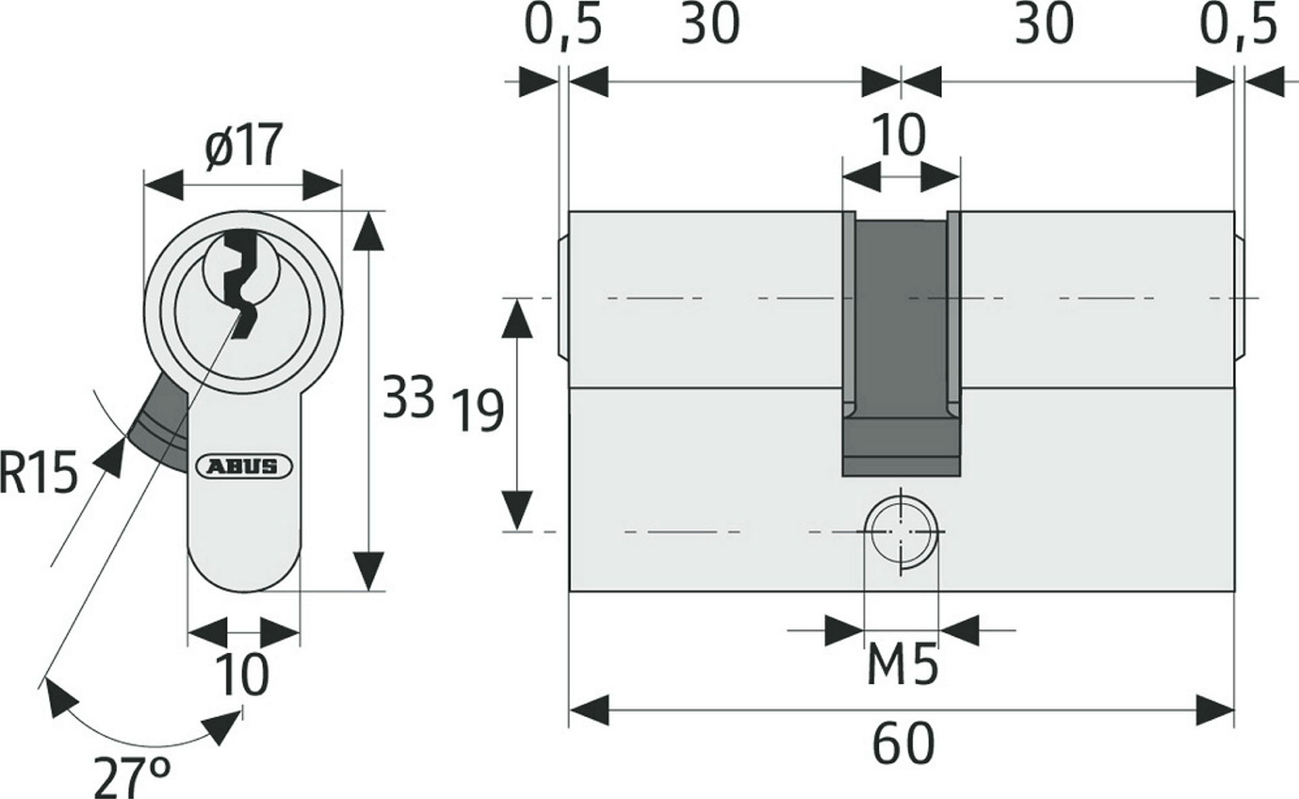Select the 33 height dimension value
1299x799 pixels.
coord(408,396)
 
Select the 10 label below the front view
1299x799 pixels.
coord(242,674)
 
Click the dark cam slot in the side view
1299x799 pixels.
coord(901,346)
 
